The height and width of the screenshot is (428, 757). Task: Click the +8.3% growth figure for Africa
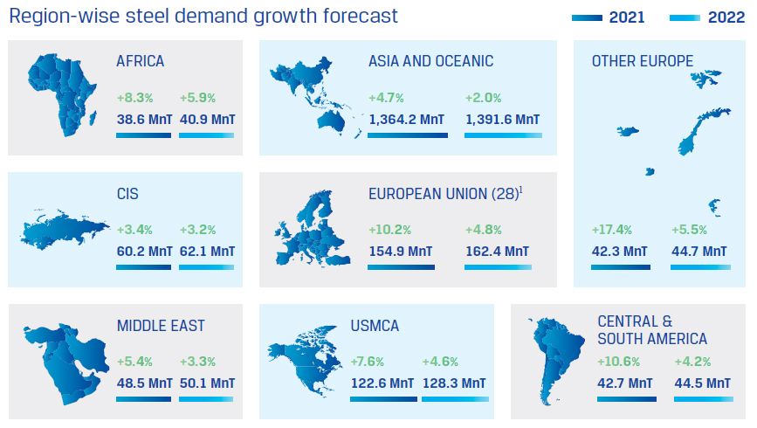pyautogui.click(x=134, y=98)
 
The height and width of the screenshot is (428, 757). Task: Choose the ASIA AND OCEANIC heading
pyautogui.click(x=430, y=61)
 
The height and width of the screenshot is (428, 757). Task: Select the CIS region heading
pyautogui.click(x=127, y=194)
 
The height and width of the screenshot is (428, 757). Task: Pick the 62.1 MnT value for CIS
pyautogui.click(x=207, y=252)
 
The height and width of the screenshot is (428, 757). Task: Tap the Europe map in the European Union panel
pyautogui.click(x=315, y=227)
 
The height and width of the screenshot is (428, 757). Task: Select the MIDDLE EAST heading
pyautogui.click(x=161, y=326)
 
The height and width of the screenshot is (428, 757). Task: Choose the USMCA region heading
pyautogui.click(x=375, y=326)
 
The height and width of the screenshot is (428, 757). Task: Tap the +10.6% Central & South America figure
pyautogui.click(x=618, y=362)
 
